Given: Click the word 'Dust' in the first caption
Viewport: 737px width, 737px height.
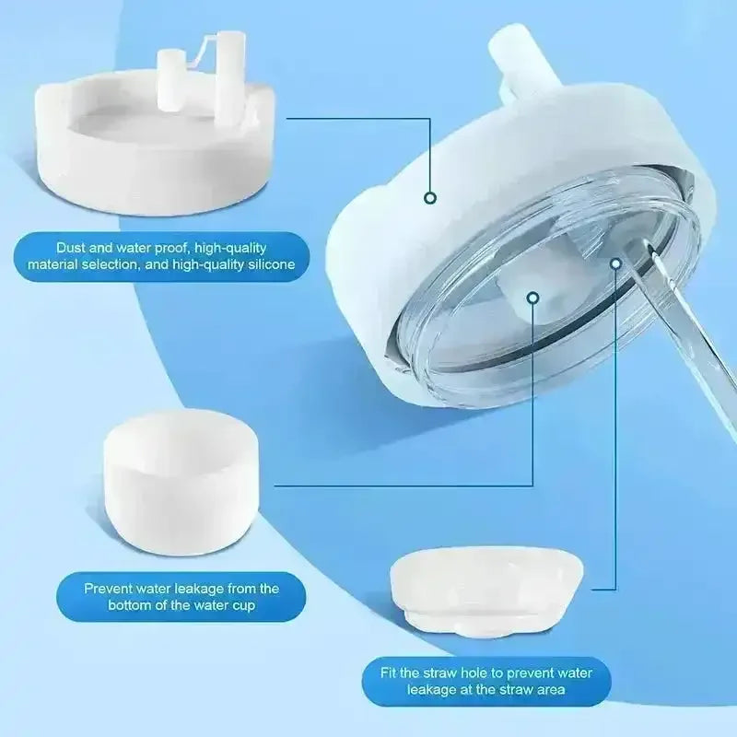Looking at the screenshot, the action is pyautogui.click(x=71, y=248).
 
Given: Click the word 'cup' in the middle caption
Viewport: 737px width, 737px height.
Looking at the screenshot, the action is pyautogui.click(x=242, y=605).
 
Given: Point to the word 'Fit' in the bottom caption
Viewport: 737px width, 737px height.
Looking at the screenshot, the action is pyautogui.click(x=388, y=673).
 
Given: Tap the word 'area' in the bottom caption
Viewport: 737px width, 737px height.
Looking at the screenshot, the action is pyautogui.click(x=550, y=690).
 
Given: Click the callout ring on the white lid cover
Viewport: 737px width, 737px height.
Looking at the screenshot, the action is pyautogui.click(x=430, y=198).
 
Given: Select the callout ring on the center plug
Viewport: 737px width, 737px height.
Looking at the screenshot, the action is pyautogui.click(x=533, y=298).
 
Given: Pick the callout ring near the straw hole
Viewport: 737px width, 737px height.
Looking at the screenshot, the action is pyautogui.click(x=615, y=263).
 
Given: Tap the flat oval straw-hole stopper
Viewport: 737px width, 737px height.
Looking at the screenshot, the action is pyautogui.click(x=486, y=590).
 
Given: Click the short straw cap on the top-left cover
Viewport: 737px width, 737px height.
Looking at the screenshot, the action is pyautogui.click(x=169, y=80).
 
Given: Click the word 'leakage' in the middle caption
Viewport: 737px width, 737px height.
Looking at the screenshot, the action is pyautogui.click(x=199, y=589).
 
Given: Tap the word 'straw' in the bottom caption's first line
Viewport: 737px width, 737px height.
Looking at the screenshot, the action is pyautogui.click(x=439, y=673).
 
